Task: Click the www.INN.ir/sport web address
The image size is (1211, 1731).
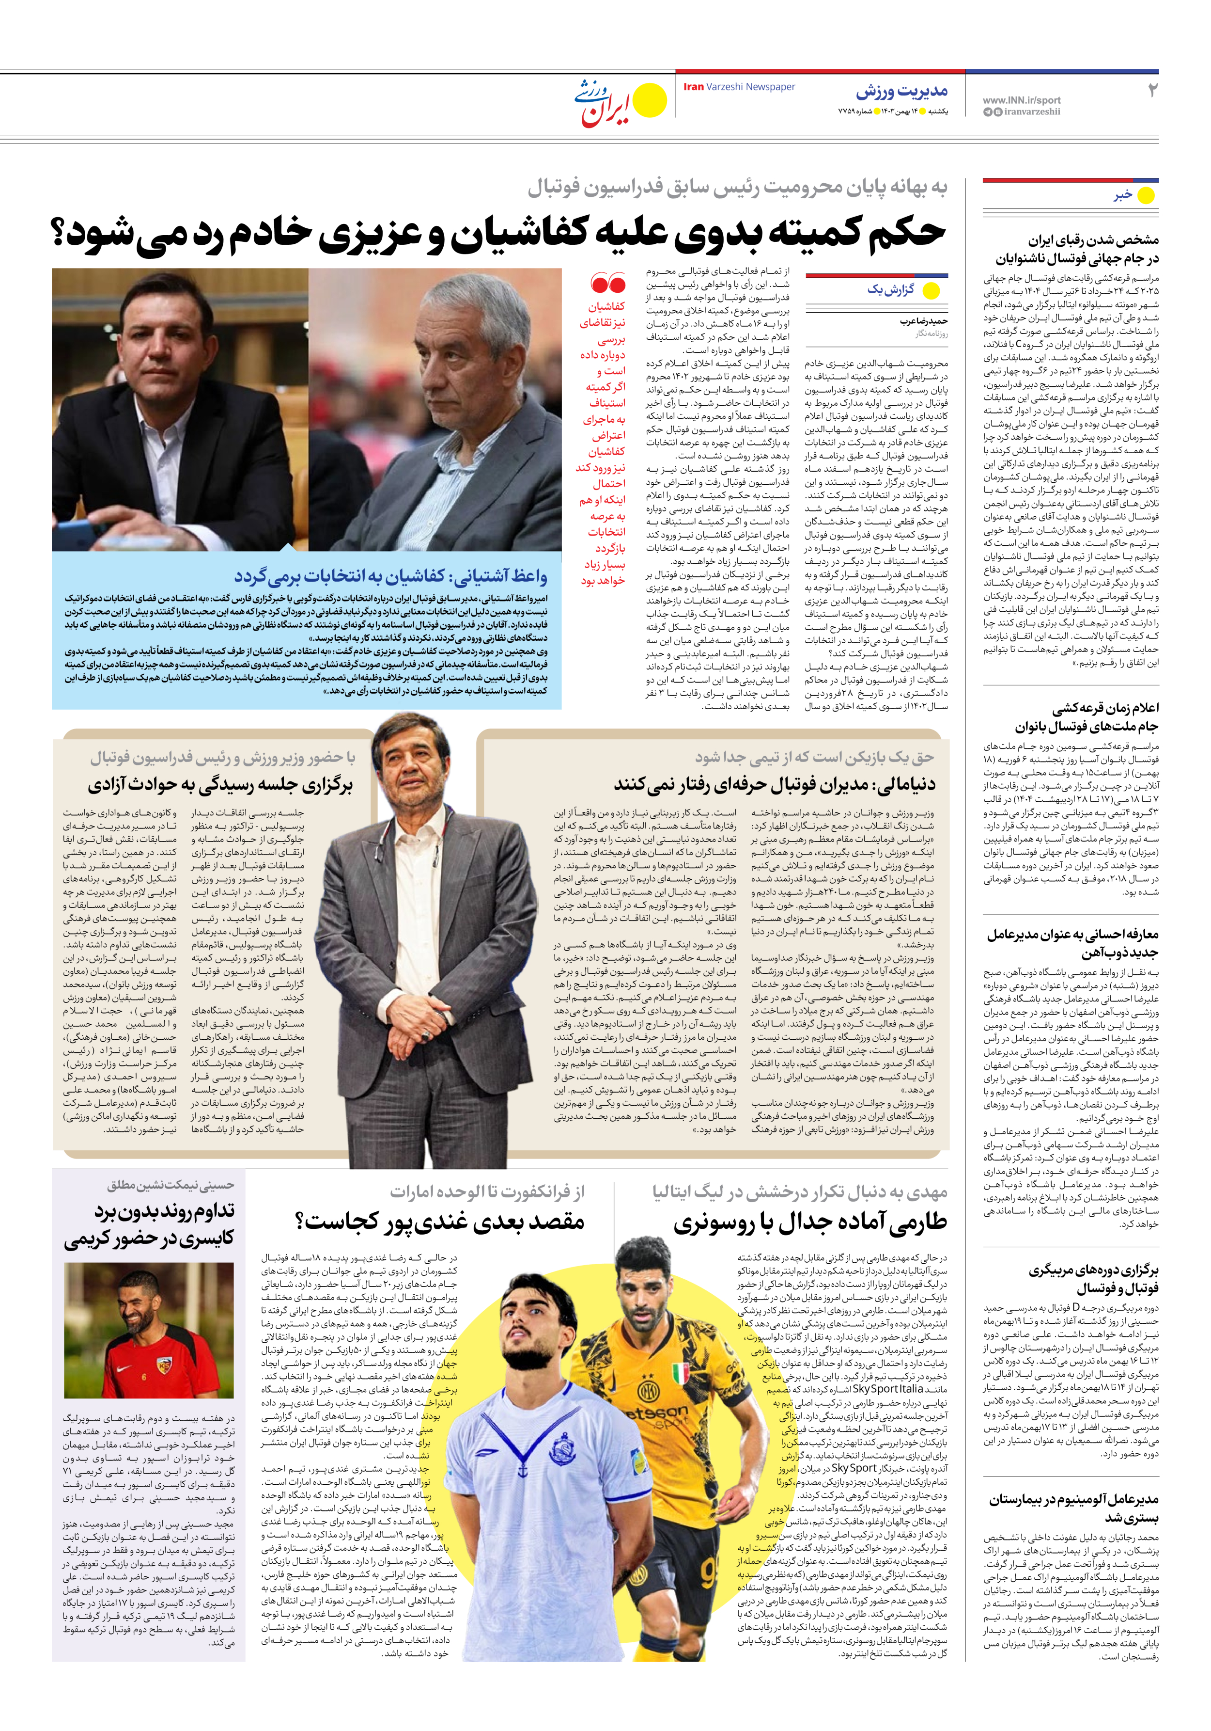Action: click(1021, 99)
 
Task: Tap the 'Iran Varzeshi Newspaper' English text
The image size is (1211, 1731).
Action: click(739, 87)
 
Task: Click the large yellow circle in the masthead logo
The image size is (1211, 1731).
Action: click(650, 101)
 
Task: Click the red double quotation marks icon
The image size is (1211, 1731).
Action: click(608, 284)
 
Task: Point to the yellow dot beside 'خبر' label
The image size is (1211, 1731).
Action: click(1146, 195)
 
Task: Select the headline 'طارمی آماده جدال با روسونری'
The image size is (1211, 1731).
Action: click(810, 1222)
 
